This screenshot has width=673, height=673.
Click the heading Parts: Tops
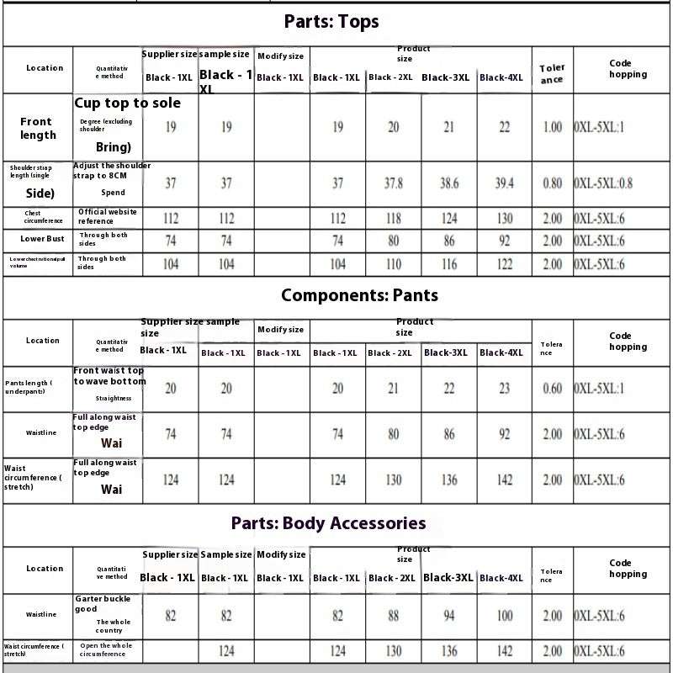(331, 22)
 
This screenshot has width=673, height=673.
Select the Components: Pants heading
(359, 295)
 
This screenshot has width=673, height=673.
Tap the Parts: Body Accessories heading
(328, 523)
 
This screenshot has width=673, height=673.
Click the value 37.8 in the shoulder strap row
(394, 183)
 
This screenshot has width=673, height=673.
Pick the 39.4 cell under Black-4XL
(505, 183)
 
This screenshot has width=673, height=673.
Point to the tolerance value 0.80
(553, 183)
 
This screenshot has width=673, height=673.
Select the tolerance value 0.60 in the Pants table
(553, 389)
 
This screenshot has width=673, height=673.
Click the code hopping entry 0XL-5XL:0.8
(603, 183)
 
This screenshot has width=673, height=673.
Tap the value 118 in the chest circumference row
(394, 219)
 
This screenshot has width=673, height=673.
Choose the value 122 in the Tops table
(505, 264)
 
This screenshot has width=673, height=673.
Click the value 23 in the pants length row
(505, 389)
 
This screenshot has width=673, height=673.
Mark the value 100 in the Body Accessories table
(505, 616)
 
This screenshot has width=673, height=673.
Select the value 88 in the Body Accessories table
(394, 616)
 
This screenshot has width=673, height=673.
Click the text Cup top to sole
(127, 103)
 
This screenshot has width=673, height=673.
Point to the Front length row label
(38, 128)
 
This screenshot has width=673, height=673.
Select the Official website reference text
(107, 216)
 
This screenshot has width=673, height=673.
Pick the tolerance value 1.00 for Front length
(553, 128)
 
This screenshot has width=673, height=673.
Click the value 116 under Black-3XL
(449, 264)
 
